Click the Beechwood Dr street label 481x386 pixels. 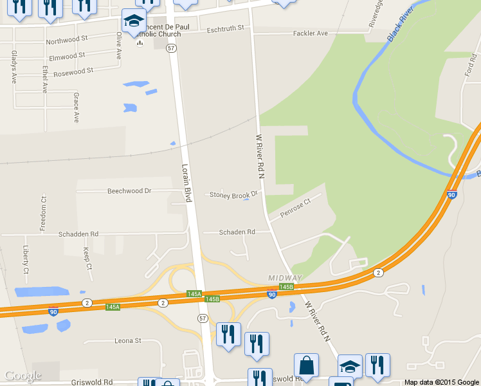[129, 191]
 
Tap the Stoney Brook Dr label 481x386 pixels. [233, 194]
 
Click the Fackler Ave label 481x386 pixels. [310, 33]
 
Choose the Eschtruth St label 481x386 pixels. [226, 29]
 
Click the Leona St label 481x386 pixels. [127, 340]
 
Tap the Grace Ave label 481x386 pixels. [76, 107]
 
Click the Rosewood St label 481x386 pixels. [73, 71]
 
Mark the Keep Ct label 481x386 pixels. [87, 257]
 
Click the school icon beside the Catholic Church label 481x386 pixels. [134, 23]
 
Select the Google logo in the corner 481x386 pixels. [23, 376]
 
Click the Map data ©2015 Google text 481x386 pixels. [441, 382]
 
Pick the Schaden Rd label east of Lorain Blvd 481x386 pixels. [237, 232]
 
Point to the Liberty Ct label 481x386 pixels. [26, 259]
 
